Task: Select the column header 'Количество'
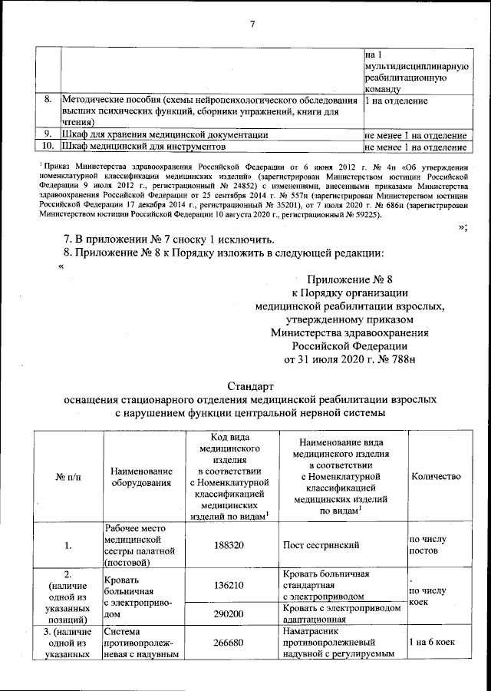(x=436, y=477)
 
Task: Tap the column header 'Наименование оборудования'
(x=141, y=477)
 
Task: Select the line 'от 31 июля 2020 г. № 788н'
(x=349, y=359)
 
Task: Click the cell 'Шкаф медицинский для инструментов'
(x=143, y=146)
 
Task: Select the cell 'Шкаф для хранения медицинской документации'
(x=165, y=134)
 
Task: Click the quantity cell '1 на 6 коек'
(x=436, y=640)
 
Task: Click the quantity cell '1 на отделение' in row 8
(x=397, y=101)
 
